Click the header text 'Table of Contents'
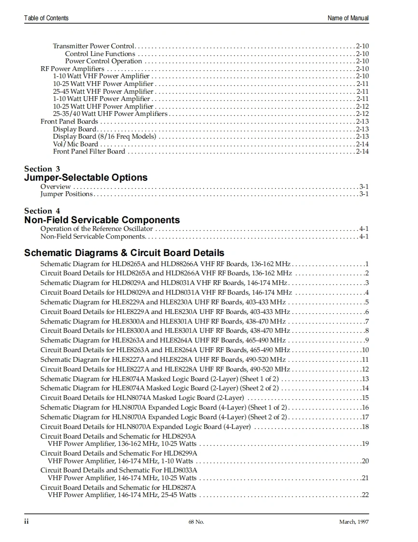pos(46,18)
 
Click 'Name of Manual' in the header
pos(348,18)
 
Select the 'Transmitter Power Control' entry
pos(94,46)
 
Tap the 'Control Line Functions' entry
pos(100,54)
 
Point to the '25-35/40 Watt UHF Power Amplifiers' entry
pos(110,114)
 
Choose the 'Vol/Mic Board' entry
pos(75,144)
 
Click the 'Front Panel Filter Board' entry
pos(89,151)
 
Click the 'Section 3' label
pos(42,169)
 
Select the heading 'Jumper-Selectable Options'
pos(86,178)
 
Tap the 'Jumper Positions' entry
pos(66,194)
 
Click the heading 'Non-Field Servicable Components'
pos(102,220)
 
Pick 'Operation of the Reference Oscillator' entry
pos(97,228)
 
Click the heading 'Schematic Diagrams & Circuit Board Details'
pos(124,253)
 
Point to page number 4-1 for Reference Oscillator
pos(364,228)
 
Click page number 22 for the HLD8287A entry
pos(365,495)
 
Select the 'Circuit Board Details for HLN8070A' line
pos(145,427)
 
